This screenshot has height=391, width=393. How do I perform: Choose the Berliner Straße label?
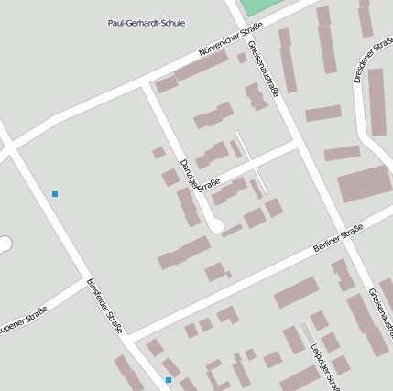(338, 240)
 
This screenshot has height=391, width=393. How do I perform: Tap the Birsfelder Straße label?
(104, 307)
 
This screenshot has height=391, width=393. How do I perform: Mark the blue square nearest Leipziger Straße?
(168, 379)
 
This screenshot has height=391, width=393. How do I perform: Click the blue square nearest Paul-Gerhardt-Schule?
(55, 194)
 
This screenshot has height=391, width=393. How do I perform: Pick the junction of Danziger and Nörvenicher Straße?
(146, 84)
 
